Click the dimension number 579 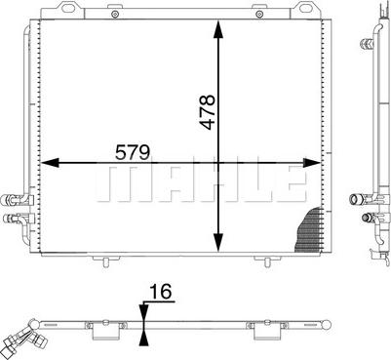click(x=133, y=152)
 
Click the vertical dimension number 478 click(x=208, y=112)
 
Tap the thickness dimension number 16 click(x=160, y=291)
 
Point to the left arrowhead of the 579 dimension click(x=50, y=162)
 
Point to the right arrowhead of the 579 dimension click(x=312, y=162)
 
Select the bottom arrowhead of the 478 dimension click(x=218, y=242)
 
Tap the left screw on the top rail click(x=114, y=14)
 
